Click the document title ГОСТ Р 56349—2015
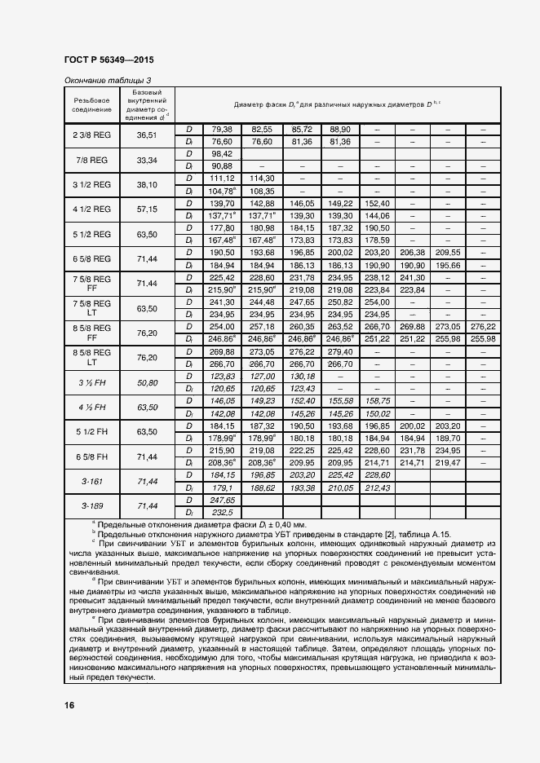(109, 60)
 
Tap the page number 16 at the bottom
(69, 704)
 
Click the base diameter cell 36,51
(147, 135)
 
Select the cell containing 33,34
(147, 160)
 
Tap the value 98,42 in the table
(223, 153)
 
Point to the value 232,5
(223, 512)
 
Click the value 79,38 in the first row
(223, 129)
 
